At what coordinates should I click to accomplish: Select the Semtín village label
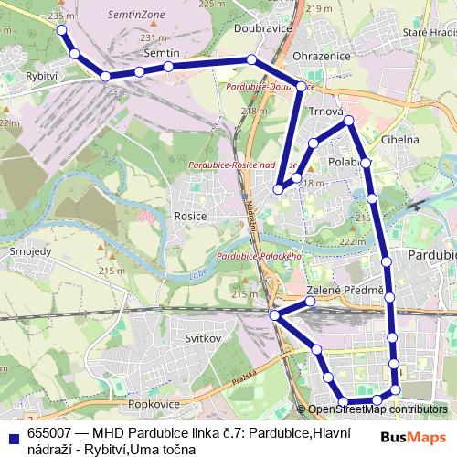tap(162, 54)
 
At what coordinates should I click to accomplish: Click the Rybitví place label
tap(41, 76)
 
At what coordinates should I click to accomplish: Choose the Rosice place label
tap(189, 217)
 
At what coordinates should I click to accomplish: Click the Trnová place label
tap(325, 112)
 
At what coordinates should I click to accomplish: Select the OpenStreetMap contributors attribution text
tap(377, 409)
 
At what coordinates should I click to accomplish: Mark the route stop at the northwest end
tap(62, 30)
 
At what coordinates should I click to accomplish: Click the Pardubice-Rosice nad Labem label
tap(242, 165)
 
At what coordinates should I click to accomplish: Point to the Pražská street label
tap(244, 377)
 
